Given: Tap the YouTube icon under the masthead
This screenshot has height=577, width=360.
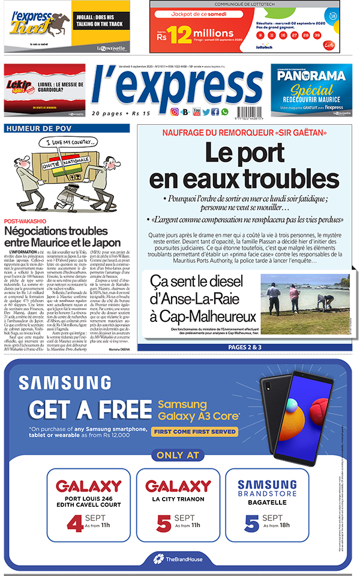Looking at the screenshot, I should pos(196,112).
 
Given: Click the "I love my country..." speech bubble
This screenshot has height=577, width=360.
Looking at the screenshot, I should pos(58,143).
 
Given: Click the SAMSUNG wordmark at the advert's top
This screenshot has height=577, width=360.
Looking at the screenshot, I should pos(55,382).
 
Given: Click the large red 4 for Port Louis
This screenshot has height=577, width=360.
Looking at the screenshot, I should pos(75,523).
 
